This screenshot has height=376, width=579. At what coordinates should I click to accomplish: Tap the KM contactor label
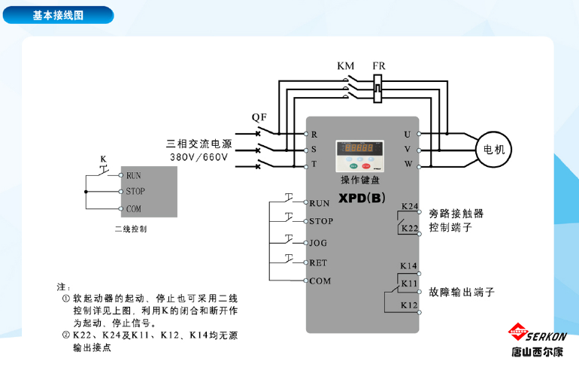coord(345,66)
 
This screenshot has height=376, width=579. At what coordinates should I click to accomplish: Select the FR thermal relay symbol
coord(377,89)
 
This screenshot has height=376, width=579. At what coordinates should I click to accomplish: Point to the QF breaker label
coord(259,117)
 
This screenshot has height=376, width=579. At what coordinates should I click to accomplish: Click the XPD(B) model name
coord(362,198)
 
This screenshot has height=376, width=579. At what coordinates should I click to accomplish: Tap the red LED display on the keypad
coord(359,147)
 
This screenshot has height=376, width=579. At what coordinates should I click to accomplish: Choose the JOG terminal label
coord(318,243)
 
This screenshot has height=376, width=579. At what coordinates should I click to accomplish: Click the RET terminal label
coord(318,263)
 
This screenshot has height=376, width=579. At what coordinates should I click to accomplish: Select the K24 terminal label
coord(410,206)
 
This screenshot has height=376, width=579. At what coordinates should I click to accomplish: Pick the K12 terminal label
coord(409,305)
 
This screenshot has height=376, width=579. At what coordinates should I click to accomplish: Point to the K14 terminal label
coord(408,266)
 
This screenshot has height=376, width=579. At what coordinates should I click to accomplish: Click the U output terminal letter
coord(407,135)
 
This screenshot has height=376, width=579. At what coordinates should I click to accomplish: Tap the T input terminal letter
coord(314,164)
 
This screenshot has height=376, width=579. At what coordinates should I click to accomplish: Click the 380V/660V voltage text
coord(199,157)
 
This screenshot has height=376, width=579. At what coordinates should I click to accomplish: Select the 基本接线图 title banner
coord(58,15)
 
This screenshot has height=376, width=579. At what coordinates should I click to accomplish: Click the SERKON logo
coord(538,339)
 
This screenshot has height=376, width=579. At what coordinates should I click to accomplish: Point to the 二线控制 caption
coord(131,229)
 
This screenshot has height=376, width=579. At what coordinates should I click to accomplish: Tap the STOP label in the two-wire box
coord(135,191)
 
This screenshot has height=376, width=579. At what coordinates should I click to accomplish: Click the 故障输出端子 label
coord(462,293)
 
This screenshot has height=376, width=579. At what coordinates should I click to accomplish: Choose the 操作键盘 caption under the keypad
coord(360,180)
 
